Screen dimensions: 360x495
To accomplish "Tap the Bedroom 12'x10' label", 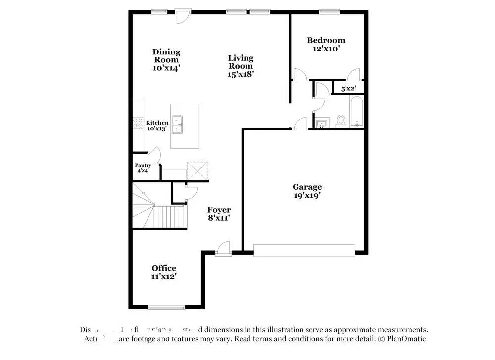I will click(326, 44).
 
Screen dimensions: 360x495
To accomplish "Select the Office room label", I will click(164, 272).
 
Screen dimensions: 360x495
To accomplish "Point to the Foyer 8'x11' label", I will click(219, 213).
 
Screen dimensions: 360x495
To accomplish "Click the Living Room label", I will click(241, 66).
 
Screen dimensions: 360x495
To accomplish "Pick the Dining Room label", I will click(166, 60).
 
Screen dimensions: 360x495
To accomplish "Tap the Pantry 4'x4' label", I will click(143, 168).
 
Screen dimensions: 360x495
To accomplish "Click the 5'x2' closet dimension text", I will click(348, 89).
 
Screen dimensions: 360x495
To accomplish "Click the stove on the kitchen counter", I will click(138, 123).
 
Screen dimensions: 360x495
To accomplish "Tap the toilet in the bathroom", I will click(341, 120).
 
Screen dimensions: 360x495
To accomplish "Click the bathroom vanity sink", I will click(321, 122).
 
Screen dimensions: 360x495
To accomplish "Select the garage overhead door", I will click(304, 250).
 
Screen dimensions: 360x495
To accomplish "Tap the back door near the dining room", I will click(182, 15).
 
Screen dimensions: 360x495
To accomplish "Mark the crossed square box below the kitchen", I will click(197, 171).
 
